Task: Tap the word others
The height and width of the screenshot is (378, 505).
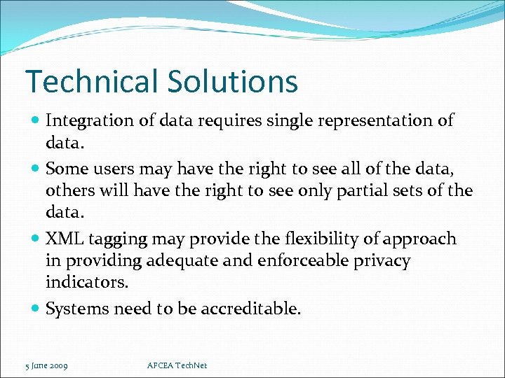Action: pos(69,190)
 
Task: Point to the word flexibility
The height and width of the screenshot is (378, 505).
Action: pos(311,239)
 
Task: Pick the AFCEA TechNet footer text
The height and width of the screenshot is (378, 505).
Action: pos(177,365)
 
